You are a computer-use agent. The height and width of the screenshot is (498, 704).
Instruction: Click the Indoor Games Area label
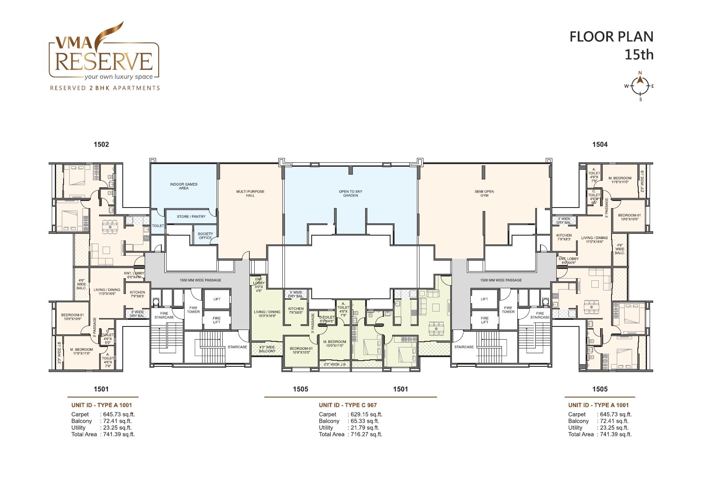(x=184, y=186)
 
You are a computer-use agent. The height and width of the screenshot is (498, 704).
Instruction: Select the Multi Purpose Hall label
(x=250, y=193)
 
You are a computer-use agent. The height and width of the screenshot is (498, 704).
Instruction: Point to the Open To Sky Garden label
(x=351, y=193)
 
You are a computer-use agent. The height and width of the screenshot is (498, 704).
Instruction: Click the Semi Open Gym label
(x=484, y=193)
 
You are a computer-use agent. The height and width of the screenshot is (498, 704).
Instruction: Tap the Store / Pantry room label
(x=191, y=217)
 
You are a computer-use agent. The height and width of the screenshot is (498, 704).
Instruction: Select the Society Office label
(x=205, y=236)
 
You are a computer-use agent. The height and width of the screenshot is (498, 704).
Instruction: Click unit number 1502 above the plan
(x=101, y=144)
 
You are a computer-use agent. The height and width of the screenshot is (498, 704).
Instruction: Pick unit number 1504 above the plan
(x=600, y=144)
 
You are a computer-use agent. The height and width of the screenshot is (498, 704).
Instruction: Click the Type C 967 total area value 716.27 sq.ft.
(x=365, y=434)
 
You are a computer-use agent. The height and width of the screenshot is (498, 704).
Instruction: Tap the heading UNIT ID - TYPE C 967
(x=348, y=405)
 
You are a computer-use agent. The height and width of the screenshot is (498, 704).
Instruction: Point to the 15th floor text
(x=639, y=55)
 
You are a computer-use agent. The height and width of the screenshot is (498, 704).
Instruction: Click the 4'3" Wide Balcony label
(x=267, y=349)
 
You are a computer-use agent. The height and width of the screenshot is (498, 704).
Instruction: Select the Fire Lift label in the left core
(x=217, y=320)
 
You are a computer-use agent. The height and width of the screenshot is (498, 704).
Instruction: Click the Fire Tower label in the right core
(x=508, y=310)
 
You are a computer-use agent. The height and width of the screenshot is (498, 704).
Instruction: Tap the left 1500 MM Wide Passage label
(x=200, y=280)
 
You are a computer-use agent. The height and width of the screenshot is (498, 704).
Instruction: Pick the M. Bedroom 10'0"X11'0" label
(x=334, y=344)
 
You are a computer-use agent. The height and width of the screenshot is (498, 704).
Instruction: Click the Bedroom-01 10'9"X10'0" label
(x=301, y=351)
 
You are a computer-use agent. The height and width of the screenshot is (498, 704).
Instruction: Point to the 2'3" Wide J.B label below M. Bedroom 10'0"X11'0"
(x=334, y=364)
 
